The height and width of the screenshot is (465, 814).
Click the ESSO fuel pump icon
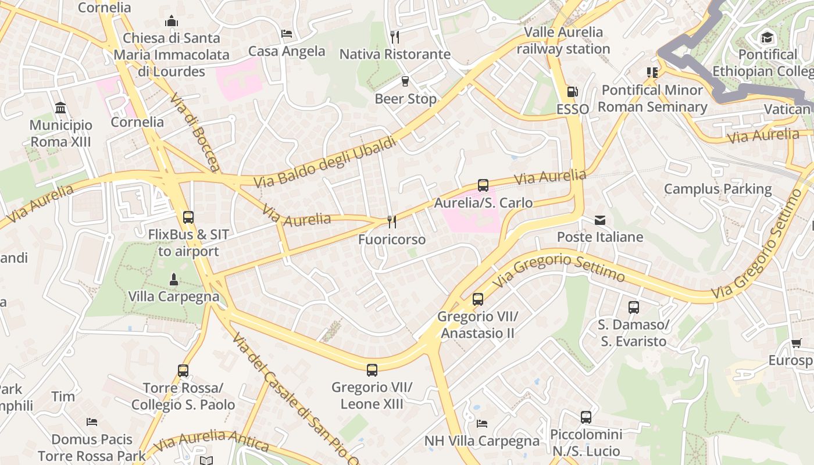(572, 92)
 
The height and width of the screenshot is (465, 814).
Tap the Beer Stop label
(405, 99)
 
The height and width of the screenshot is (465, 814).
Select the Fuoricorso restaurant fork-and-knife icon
(392, 221)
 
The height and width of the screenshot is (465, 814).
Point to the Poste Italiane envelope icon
(599, 220)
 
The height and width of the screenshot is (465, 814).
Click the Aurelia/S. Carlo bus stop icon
(483, 185)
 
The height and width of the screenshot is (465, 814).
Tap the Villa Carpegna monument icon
(173, 280)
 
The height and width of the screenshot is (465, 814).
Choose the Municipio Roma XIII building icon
(60, 108)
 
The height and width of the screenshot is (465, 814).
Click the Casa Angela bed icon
(286, 34)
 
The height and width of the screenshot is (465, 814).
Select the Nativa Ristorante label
(395, 54)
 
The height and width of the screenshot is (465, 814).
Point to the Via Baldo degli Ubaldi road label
(325, 163)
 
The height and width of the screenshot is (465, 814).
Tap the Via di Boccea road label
(195, 132)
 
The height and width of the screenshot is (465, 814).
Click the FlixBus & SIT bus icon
(188, 217)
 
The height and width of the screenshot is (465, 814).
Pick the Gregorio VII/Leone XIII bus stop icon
(372, 370)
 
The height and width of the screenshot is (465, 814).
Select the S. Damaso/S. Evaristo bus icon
(633, 307)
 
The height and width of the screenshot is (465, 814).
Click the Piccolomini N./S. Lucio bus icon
(585, 417)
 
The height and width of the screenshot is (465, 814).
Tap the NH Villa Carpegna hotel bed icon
(481, 423)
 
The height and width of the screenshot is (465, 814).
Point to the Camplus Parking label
(717, 189)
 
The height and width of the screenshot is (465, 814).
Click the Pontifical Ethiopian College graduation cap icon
(767, 38)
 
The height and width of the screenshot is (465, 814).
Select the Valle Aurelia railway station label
(563, 40)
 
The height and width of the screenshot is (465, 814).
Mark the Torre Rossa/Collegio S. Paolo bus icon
(183, 370)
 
